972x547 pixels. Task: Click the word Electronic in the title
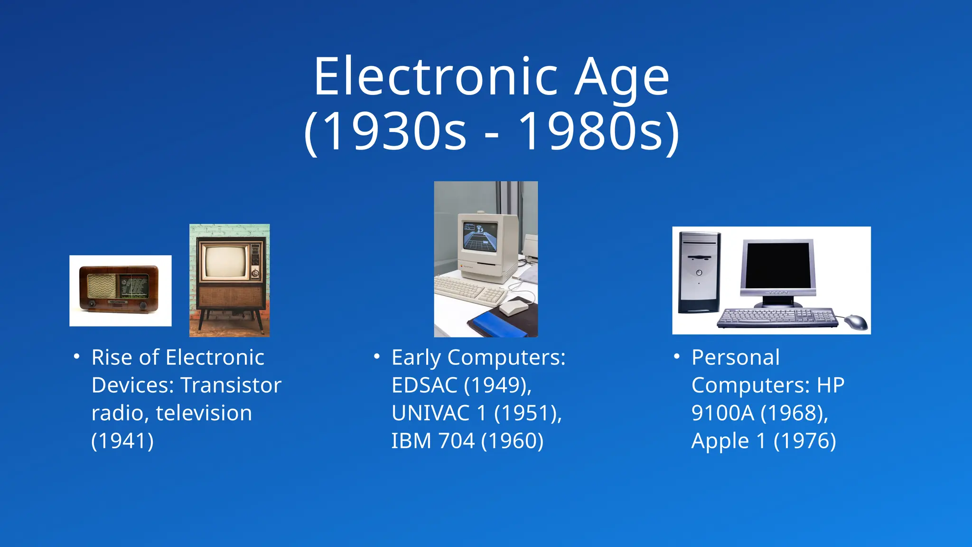point(436,77)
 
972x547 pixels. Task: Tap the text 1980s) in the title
point(599,132)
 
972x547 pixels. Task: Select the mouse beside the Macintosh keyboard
point(514,307)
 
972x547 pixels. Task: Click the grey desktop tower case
point(699,273)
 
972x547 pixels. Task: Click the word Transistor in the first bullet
point(231,386)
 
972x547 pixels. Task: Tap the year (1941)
point(122,441)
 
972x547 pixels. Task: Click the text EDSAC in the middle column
point(424,386)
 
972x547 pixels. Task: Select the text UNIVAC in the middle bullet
point(430,413)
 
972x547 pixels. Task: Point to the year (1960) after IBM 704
point(512,441)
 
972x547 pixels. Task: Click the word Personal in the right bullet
point(735,358)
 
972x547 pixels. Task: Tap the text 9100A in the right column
point(722,413)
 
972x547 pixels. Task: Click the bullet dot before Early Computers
point(377,356)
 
